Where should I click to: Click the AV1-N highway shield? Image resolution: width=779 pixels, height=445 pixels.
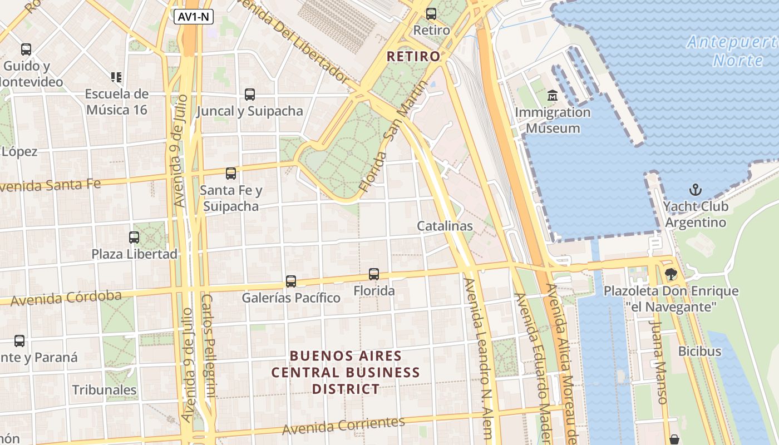pos(194,17)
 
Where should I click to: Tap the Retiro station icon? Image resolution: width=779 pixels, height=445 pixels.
pos(431,14)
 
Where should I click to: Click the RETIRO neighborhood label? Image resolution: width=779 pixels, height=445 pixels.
pos(413,56)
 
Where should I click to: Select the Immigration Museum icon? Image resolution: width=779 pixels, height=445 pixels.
pos(553,96)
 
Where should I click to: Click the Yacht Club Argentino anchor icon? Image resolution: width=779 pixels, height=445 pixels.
pos(695,190)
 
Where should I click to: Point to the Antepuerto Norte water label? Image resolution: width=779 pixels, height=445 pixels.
pos(732,51)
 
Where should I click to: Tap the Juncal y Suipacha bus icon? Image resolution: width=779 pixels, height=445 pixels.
pos(250,95)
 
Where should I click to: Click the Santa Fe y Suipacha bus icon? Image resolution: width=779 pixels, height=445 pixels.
pos(231,174)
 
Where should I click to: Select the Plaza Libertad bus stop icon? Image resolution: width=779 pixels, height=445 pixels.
pos(134,238)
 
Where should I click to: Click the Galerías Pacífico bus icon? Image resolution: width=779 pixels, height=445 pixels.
pos(291,281)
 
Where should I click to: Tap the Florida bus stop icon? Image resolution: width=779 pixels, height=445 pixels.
pos(374,274)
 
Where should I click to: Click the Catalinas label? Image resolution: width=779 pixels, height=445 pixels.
pos(445,226)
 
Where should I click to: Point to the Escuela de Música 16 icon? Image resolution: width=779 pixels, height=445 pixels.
pos(116,77)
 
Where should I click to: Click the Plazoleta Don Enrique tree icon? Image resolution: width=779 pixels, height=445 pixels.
pos(671,274)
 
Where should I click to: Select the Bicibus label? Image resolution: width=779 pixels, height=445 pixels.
pos(699,352)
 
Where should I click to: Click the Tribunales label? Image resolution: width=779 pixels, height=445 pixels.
pos(104,390)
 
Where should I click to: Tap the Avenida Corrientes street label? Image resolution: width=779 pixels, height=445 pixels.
pos(343,426)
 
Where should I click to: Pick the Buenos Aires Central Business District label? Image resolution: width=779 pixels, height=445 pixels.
pos(346,372)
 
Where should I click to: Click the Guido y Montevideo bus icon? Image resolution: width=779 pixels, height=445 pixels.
pos(26,50)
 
